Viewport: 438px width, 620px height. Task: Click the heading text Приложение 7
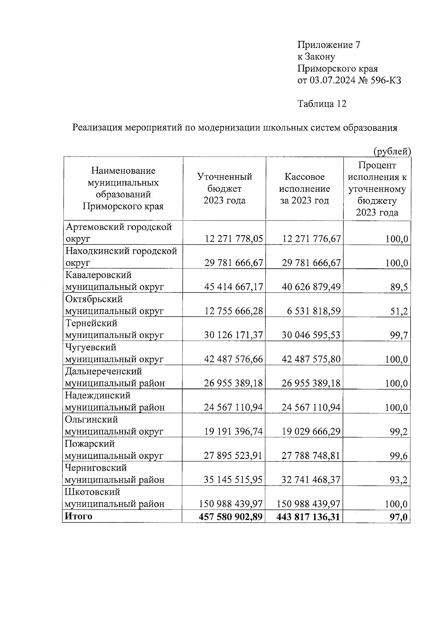click(x=329, y=45)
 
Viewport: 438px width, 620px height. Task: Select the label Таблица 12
click(x=322, y=104)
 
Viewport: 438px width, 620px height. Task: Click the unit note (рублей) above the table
click(x=392, y=151)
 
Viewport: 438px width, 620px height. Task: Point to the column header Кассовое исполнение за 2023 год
click(x=304, y=189)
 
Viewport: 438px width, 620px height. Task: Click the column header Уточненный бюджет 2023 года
click(x=224, y=189)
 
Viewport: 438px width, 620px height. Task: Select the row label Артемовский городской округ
click(x=118, y=233)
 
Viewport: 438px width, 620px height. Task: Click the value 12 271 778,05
click(x=234, y=239)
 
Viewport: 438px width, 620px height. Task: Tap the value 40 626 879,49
click(x=311, y=287)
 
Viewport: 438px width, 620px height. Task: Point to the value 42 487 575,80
click(x=311, y=359)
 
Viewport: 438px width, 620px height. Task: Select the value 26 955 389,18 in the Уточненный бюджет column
click(x=234, y=383)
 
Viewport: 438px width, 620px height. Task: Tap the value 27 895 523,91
click(x=234, y=456)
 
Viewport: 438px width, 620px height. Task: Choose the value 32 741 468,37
click(x=311, y=480)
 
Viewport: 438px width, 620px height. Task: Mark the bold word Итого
click(x=78, y=516)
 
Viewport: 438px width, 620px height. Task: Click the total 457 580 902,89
click(x=231, y=517)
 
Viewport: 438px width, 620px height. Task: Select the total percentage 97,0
click(x=398, y=517)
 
